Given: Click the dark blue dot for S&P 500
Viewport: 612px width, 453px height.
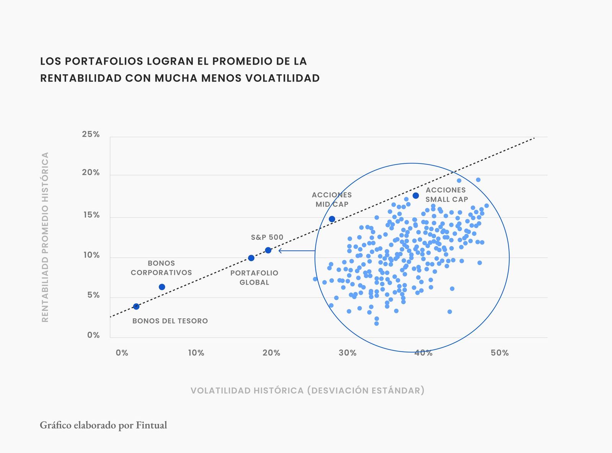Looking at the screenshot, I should (x=268, y=250).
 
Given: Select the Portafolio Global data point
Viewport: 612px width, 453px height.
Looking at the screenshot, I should (x=251, y=258).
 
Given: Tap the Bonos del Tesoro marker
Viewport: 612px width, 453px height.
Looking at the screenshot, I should (x=136, y=306).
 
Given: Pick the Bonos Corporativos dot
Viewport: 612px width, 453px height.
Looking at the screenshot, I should (x=162, y=287).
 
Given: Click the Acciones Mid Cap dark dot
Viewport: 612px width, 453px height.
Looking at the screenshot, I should (x=332, y=219).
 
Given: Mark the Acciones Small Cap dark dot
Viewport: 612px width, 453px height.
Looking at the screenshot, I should (x=416, y=196).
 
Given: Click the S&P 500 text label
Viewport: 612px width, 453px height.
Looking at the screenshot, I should (x=267, y=237).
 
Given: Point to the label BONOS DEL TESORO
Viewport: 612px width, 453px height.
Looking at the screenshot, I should (x=170, y=321).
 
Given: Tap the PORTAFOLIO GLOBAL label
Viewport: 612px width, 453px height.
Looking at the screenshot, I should (x=254, y=278).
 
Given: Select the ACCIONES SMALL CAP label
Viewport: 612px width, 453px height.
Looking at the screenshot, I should (x=446, y=195).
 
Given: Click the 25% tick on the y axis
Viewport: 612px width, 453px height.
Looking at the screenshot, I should (x=91, y=134).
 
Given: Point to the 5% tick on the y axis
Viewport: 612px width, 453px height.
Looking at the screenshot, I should (x=93, y=295).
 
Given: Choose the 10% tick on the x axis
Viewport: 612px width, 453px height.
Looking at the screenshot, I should (x=196, y=353).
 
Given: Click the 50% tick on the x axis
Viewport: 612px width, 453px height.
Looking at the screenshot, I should (x=500, y=353).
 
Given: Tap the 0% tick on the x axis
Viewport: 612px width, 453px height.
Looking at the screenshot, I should (x=122, y=353).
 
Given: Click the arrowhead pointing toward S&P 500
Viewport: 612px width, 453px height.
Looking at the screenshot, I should (x=280, y=251).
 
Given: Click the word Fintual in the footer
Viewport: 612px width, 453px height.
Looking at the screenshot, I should (x=151, y=425).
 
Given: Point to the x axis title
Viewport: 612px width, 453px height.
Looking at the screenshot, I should (x=308, y=391).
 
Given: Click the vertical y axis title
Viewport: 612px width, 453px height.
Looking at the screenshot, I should (x=45, y=237).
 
